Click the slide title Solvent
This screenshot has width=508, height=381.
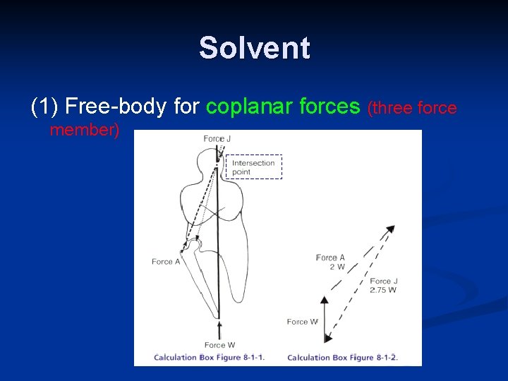pos(254,48)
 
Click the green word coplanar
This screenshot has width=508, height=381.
pos(250,107)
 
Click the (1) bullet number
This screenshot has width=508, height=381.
pos(44,107)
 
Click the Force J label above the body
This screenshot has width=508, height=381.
pos(217,138)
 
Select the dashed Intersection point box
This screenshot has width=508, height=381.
pos(253,167)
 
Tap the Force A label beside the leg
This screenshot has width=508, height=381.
pos(167,262)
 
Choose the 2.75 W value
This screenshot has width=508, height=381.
pos(383,290)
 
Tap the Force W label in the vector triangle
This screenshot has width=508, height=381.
pos(302,322)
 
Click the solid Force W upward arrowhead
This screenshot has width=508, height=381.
pos(325,301)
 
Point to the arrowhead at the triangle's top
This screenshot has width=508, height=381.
pos(390,229)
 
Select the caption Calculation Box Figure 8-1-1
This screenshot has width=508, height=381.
pos(209,357)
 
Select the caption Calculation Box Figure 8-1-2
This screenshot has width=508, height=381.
pos(343,357)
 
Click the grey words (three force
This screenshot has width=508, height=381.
pos(412,108)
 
